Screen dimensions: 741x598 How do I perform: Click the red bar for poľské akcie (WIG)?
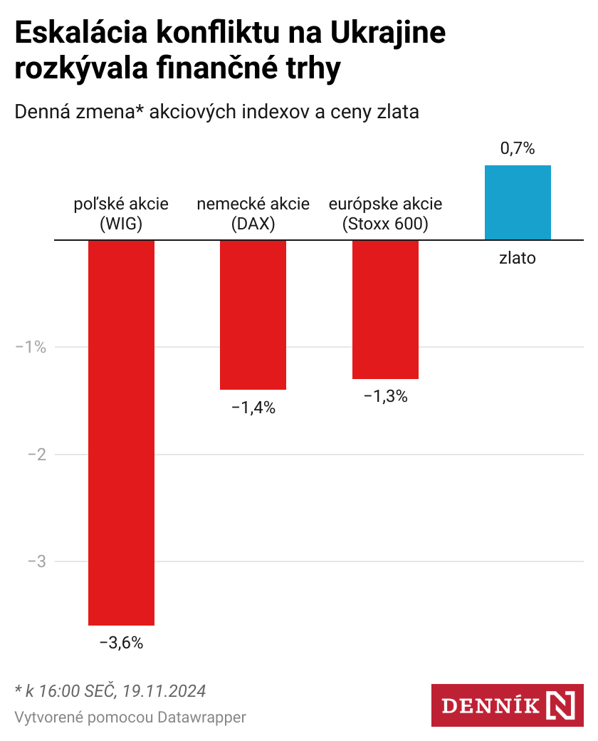click(121, 432)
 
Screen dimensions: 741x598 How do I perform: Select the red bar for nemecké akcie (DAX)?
click(253, 315)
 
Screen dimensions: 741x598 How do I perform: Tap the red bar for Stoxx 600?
click(385, 309)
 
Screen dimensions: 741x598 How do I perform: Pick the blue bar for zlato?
click(518, 202)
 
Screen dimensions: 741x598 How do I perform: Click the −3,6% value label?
click(121, 643)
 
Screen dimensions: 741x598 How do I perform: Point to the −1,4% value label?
click(253, 408)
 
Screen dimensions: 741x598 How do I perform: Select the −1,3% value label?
click(385, 397)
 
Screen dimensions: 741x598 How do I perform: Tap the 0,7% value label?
click(518, 149)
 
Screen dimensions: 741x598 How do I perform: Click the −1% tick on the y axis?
click(31, 348)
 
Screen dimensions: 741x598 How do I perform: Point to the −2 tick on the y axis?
click(36, 455)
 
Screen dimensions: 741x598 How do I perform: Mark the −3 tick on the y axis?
click(36, 561)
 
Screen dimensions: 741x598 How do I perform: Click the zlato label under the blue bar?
click(518, 258)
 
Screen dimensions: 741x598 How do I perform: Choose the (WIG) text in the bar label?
click(121, 224)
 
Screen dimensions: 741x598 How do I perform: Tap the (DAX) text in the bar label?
click(253, 224)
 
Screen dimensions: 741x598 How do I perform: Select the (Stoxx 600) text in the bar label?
click(385, 224)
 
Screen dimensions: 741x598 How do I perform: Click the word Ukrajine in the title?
click(389, 34)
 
